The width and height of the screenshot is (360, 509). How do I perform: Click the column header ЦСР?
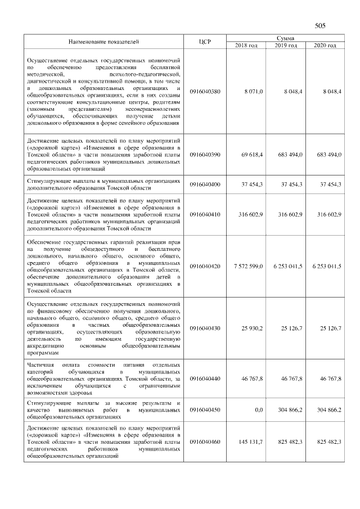(x=205, y=42)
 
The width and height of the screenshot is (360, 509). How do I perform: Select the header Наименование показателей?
(x=103, y=42)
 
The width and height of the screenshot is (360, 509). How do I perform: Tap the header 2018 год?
(x=246, y=45)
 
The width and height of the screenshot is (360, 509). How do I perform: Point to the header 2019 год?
(x=286, y=45)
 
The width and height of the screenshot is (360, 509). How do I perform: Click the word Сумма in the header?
(x=286, y=38)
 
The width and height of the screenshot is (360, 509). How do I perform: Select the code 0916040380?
(x=205, y=91)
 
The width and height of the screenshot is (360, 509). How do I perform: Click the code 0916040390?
(x=205, y=154)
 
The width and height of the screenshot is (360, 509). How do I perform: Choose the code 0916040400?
(x=205, y=184)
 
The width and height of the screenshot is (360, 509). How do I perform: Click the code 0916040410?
(x=205, y=214)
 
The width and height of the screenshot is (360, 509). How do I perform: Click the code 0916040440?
(x=205, y=380)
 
